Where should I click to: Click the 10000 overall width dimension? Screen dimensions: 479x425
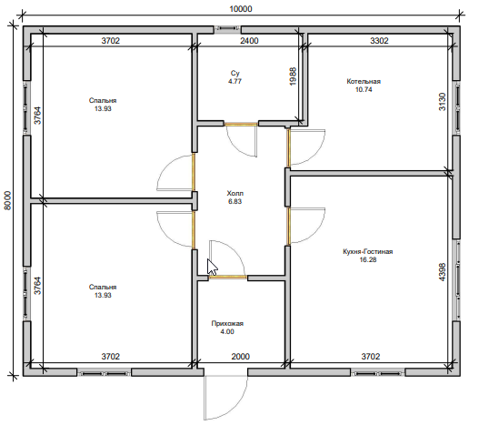click(241, 9)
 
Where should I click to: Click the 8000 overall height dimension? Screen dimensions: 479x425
click(7, 200)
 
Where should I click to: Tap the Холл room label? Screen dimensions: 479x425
click(235, 193)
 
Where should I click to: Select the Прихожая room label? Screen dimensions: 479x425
click(227, 323)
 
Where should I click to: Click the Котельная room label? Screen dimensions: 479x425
click(364, 81)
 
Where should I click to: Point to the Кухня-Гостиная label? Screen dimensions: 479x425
click(368, 251)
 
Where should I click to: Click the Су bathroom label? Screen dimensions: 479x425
click(235, 73)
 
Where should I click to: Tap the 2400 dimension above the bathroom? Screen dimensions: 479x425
click(249, 40)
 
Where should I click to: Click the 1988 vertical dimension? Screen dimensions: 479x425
click(293, 76)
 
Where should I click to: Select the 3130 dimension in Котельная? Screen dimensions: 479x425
click(442, 102)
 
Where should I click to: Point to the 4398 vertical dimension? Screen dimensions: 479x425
click(442, 272)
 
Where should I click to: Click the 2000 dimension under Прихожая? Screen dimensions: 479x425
click(241, 357)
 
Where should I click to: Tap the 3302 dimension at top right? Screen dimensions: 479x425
click(379, 40)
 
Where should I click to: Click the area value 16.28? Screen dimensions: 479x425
click(368, 259)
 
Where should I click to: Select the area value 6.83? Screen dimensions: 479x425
click(235, 202)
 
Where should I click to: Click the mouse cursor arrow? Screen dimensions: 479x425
click(212, 268)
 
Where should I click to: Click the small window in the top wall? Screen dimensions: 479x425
click(227, 29)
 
